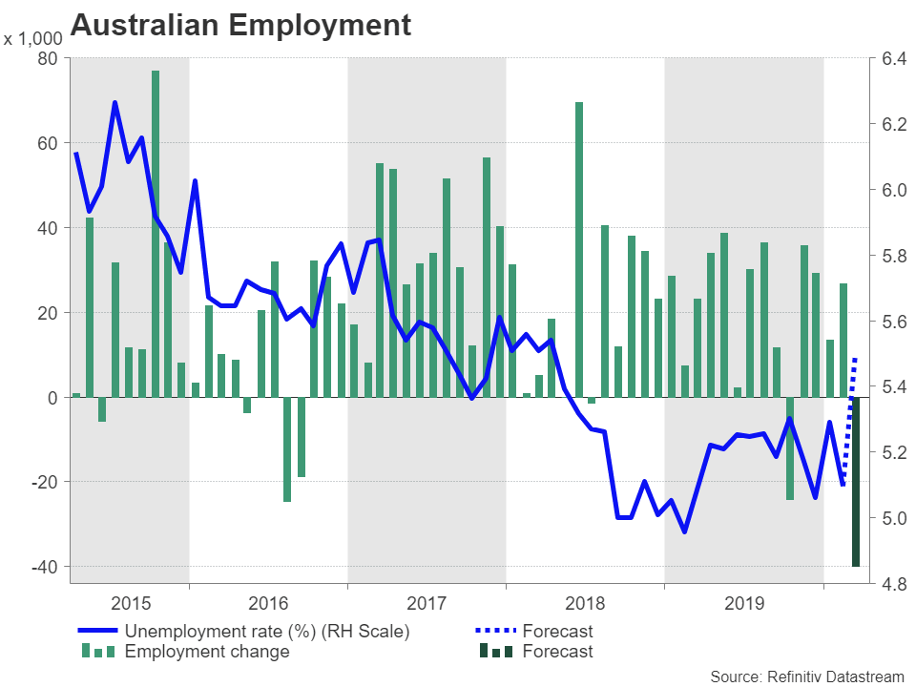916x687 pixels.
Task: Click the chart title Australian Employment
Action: coord(240,25)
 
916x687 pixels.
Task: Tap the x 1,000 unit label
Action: coord(33,40)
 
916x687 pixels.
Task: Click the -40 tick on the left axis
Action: coord(43,567)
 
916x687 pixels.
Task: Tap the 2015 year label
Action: coord(131,603)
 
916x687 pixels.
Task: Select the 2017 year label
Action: coord(427,603)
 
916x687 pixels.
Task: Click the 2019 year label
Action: coord(744,603)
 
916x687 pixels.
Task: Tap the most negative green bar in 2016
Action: coord(287,448)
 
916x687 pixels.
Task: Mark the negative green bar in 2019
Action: coord(790,448)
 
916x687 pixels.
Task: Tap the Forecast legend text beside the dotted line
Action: coord(557,631)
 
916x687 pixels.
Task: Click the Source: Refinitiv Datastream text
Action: coord(806,676)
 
